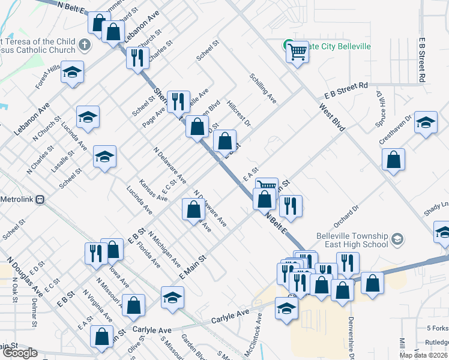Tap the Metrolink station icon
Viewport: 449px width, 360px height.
point(40,199)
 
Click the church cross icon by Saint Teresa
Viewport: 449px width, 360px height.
point(85,45)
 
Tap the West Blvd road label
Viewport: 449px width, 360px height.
point(332,118)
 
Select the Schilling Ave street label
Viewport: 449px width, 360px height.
point(262,89)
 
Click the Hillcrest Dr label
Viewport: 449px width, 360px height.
point(238,113)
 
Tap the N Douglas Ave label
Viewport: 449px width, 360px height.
point(25,277)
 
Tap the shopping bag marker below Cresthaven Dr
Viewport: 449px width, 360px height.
point(393,160)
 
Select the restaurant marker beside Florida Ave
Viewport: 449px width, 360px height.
point(95,253)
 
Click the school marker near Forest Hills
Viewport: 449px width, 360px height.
point(73,73)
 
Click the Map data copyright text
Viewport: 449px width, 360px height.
point(423,355)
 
